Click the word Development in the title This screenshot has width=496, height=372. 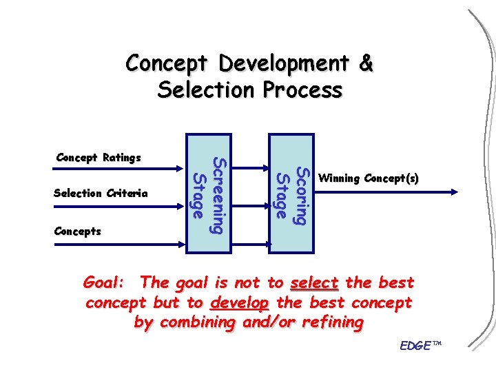[x=285, y=63]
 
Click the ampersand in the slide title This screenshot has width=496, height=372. [x=366, y=63]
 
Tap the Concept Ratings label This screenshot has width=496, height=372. [x=98, y=158]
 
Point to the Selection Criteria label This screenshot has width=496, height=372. [x=101, y=194]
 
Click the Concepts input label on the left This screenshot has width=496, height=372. [x=77, y=231]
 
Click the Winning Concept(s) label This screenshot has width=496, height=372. [x=369, y=178]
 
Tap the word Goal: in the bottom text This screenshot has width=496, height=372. [x=103, y=282]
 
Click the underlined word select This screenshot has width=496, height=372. [x=314, y=282]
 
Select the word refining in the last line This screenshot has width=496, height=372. [x=331, y=322]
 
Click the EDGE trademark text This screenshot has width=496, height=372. [x=420, y=344]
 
